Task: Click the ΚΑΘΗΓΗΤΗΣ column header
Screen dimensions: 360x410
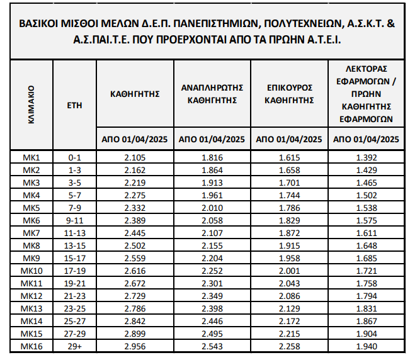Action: point(135,94)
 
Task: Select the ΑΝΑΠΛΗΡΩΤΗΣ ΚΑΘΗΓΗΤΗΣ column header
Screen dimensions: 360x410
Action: point(212,94)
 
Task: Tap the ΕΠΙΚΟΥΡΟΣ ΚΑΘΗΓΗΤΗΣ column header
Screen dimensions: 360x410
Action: point(289,94)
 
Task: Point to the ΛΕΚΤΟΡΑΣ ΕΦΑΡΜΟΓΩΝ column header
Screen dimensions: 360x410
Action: point(366,94)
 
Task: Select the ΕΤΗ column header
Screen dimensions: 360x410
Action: point(74,104)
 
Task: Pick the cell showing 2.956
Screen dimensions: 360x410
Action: point(135,347)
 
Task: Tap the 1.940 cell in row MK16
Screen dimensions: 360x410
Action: point(366,347)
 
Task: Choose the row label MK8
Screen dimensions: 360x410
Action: point(31,245)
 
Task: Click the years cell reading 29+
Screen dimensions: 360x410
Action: point(74,347)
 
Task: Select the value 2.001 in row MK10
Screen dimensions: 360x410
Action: point(289,271)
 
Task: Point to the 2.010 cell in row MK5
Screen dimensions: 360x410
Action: point(212,207)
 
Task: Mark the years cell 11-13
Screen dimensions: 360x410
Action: point(74,232)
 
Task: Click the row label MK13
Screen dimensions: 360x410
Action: point(31,308)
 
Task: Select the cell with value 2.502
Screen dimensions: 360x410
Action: point(135,245)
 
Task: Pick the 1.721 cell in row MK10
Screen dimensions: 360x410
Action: point(366,271)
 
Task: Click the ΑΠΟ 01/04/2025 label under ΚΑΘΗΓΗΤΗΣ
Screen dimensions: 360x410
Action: point(135,139)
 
